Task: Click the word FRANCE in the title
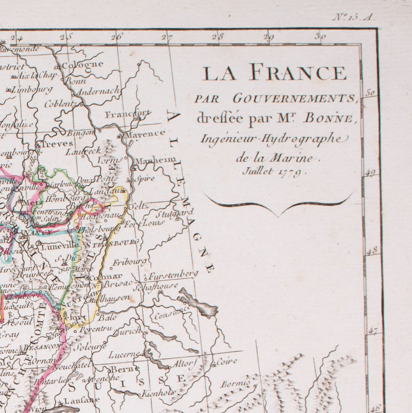pyautogui.click(x=298, y=72)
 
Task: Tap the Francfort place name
pyautogui.click(x=128, y=114)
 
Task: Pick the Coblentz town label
pyautogui.click(x=60, y=104)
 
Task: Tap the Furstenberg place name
pyautogui.click(x=173, y=275)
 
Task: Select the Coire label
pyautogui.click(x=227, y=361)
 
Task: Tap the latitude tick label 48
pyautogui.click(x=371, y=251)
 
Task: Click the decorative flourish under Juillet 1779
pyautogui.click(x=278, y=205)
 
